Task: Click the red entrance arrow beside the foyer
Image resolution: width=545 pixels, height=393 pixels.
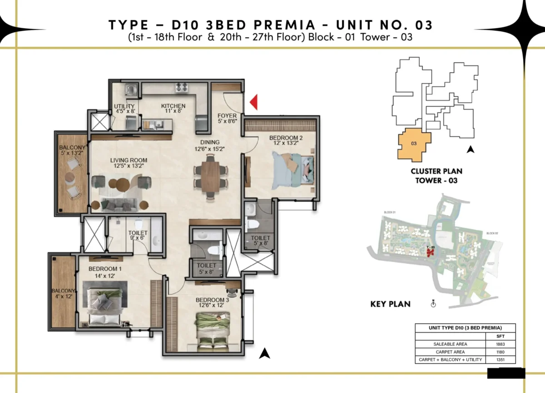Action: pos(254,102)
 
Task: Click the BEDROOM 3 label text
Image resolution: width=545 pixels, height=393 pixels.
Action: pos(210,300)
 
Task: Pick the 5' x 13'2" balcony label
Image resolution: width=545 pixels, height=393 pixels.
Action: pos(71,151)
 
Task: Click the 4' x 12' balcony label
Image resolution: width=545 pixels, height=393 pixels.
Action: pos(63,294)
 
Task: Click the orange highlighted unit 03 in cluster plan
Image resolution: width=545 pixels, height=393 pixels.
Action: pos(414,146)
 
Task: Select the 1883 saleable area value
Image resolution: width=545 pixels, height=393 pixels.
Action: pos(500,344)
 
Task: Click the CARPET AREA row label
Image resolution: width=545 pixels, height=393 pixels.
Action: pos(450,352)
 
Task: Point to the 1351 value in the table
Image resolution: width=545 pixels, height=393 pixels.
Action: pos(500,360)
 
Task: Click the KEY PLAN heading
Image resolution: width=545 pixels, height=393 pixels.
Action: pos(390,304)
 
